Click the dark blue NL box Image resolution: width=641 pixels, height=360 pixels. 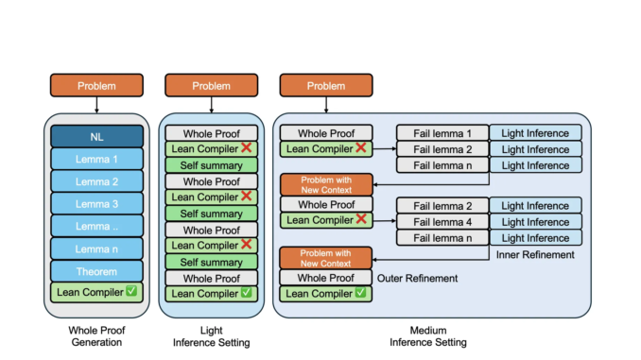pyautogui.click(x=97, y=136)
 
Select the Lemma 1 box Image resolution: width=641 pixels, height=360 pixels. pyautogui.click(x=97, y=158)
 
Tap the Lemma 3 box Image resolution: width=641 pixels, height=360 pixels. pyautogui.click(x=97, y=202)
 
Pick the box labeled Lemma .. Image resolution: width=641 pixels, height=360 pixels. pyautogui.click(x=97, y=225)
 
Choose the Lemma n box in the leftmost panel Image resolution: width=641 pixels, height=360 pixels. pyautogui.click(x=97, y=248)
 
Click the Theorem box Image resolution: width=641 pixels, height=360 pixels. pyautogui.click(x=97, y=270)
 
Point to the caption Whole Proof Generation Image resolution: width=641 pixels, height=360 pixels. pyautogui.click(x=97, y=335)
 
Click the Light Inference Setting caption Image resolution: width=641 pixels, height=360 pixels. pyautogui.click(x=211, y=335)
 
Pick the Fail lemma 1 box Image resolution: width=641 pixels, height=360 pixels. pyautogui.click(x=442, y=133)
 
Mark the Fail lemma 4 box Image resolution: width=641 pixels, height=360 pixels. pyautogui.click(x=442, y=221)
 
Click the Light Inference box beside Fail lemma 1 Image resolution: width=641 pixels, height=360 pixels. pyautogui.click(x=535, y=133)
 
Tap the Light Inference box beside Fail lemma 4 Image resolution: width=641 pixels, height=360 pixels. pyautogui.click(x=535, y=221)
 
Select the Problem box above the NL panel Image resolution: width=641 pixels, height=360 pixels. pyautogui.click(x=97, y=86)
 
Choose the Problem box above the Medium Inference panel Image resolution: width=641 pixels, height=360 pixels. pyautogui.click(x=325, y=86)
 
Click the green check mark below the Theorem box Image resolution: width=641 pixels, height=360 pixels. pyautogui.click(x=131, y=291)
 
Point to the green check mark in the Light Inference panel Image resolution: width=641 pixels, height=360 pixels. pyautogui.click(x=246, y=294)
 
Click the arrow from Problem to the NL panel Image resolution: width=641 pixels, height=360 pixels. pyautogui.click(x=97, y=105)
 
